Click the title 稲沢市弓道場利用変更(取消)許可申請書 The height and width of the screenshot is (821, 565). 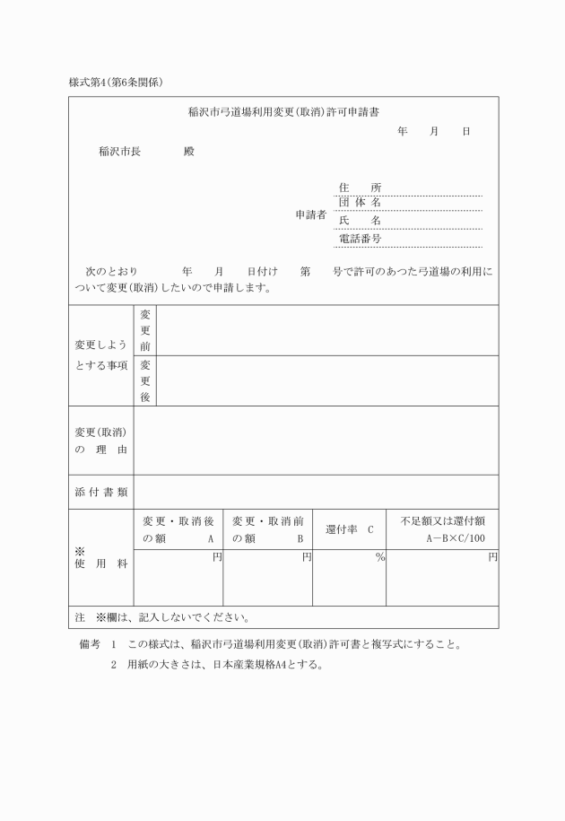point(283,113)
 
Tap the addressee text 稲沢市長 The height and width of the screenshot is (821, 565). point(119,151)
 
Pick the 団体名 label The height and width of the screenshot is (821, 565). point(360,203)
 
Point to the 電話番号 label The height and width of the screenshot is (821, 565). point(360,239)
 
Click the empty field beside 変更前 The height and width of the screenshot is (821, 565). point(326,330)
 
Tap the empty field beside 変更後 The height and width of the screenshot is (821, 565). point(326,380)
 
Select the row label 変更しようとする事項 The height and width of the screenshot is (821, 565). point(100,355)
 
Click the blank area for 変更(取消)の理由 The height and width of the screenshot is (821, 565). point(316,440)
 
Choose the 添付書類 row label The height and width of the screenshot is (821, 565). point(100,491)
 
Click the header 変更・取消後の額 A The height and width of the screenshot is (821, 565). point(178,529)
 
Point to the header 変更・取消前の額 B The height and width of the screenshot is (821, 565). point(267,529)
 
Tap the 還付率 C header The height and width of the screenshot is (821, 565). point(349,530)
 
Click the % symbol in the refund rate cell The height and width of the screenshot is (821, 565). point(380,558)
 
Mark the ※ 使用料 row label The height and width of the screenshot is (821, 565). point(100,562)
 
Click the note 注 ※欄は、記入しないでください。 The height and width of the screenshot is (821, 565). point(161,617)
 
